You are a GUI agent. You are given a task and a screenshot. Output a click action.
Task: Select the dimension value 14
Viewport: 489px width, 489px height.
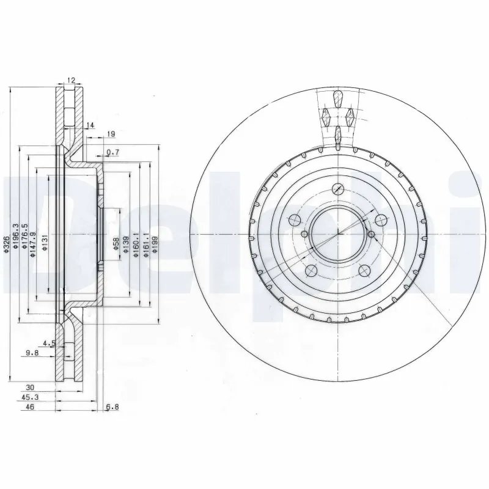pos(90,126)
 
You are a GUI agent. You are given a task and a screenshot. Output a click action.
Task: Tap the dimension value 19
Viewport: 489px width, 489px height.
pos(111,134)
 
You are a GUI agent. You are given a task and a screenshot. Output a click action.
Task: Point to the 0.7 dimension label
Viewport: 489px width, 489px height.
pos(112,152)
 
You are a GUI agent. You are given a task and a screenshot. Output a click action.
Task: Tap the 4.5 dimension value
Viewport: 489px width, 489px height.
pos(50,344)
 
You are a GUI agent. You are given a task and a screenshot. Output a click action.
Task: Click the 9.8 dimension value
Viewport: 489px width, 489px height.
pos(32,353)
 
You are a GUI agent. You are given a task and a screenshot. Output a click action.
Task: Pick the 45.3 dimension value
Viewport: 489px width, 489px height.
pos(28,397)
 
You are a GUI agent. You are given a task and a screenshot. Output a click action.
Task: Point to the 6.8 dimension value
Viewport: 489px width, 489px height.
pos(112,407)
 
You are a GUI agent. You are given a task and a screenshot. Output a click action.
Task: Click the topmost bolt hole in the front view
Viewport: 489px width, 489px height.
pos(337,189)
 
